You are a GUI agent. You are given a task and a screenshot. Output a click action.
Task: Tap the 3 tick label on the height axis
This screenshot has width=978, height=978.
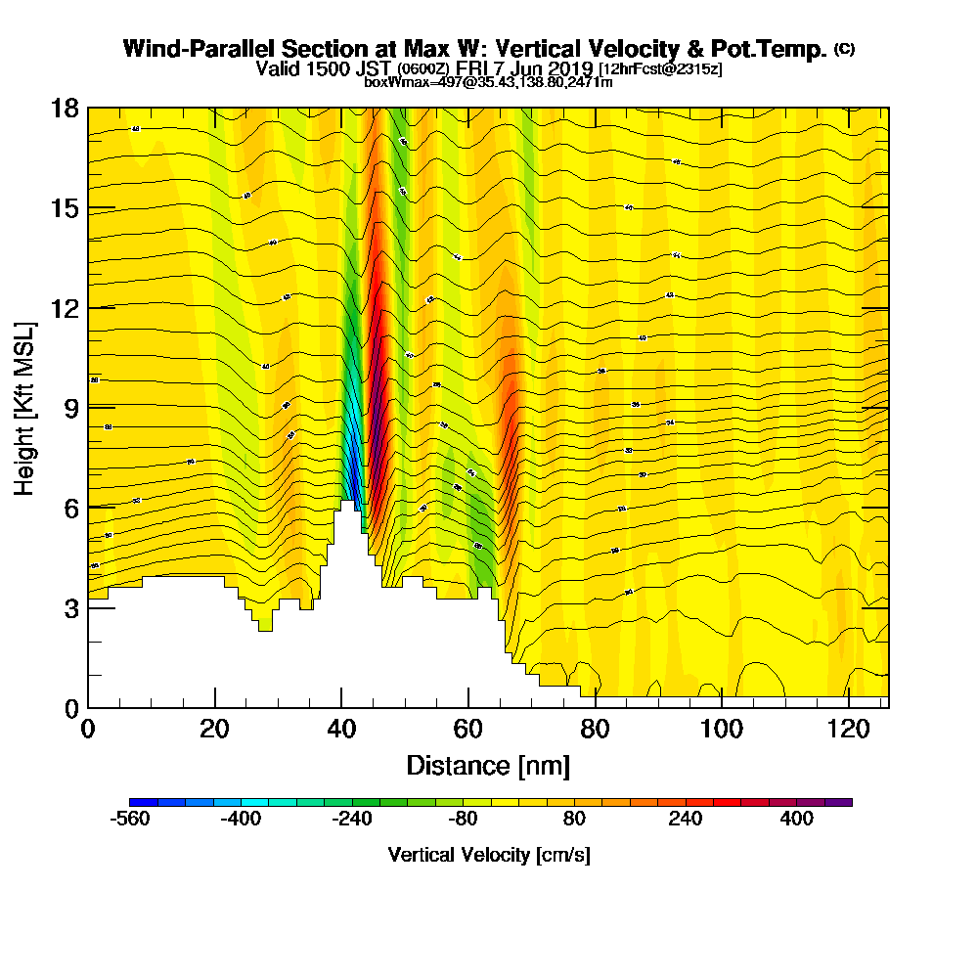(x=69, y=607)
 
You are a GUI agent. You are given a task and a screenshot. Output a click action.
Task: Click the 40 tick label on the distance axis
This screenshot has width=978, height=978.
(x=341, y=730)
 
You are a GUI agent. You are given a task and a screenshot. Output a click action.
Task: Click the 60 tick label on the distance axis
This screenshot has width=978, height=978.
(x=468, y=730)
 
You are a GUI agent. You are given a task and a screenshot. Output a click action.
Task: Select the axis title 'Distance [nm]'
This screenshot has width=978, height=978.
(x=488, y=765)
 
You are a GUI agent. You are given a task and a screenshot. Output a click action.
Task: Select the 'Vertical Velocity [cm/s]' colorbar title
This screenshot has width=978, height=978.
(x=489, y=855)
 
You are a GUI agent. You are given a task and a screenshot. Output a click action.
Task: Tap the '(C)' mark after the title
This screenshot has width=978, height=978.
(x=844, y=48)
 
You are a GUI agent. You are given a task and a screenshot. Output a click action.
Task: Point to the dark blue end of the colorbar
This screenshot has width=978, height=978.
(x=137, y=802)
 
